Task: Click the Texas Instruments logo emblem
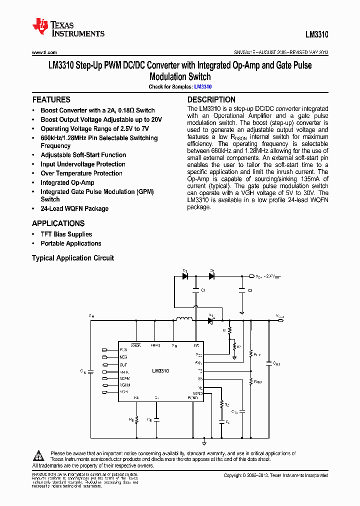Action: (39, 25)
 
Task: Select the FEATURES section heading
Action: (51, 99)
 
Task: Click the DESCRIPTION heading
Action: (211, 99)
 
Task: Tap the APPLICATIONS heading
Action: (58, 223)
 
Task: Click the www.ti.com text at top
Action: (44, 52)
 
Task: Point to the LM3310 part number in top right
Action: (316, 35)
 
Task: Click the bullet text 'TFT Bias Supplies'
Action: (66, 234)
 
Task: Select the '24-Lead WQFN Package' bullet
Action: (74, 208)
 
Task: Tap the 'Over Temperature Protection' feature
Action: (81, 173)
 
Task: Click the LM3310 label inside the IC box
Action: (160, 371)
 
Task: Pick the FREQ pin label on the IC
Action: (155, 345)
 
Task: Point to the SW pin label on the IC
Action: (196, 345)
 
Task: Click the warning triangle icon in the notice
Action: (39, 455)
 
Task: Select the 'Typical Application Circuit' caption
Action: (73, 258)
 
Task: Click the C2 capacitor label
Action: (250, 290)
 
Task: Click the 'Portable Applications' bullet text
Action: (70, 243)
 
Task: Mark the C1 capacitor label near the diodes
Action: (202, 290)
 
